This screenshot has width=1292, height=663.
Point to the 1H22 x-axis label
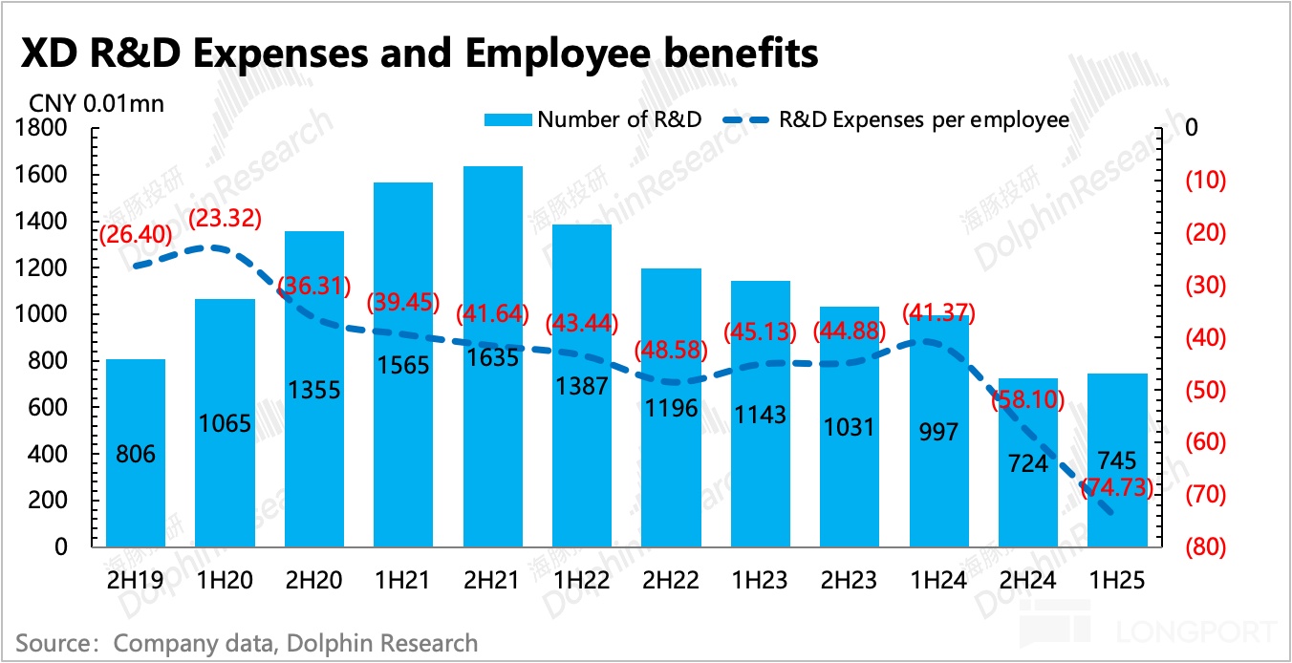click(x=582, y=580)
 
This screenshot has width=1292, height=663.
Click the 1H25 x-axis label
click(x=1118, y=580)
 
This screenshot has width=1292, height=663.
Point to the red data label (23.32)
click(x=225, y=220)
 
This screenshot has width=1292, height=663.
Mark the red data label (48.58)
click(x=671, y=350)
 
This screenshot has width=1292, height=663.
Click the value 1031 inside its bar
click(x=850, y=426)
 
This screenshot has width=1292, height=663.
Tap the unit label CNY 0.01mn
click(x=96, y=103)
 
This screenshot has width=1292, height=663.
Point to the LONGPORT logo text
click(x=1198, y=631)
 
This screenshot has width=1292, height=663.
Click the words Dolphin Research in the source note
click(x=392, y=643)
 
